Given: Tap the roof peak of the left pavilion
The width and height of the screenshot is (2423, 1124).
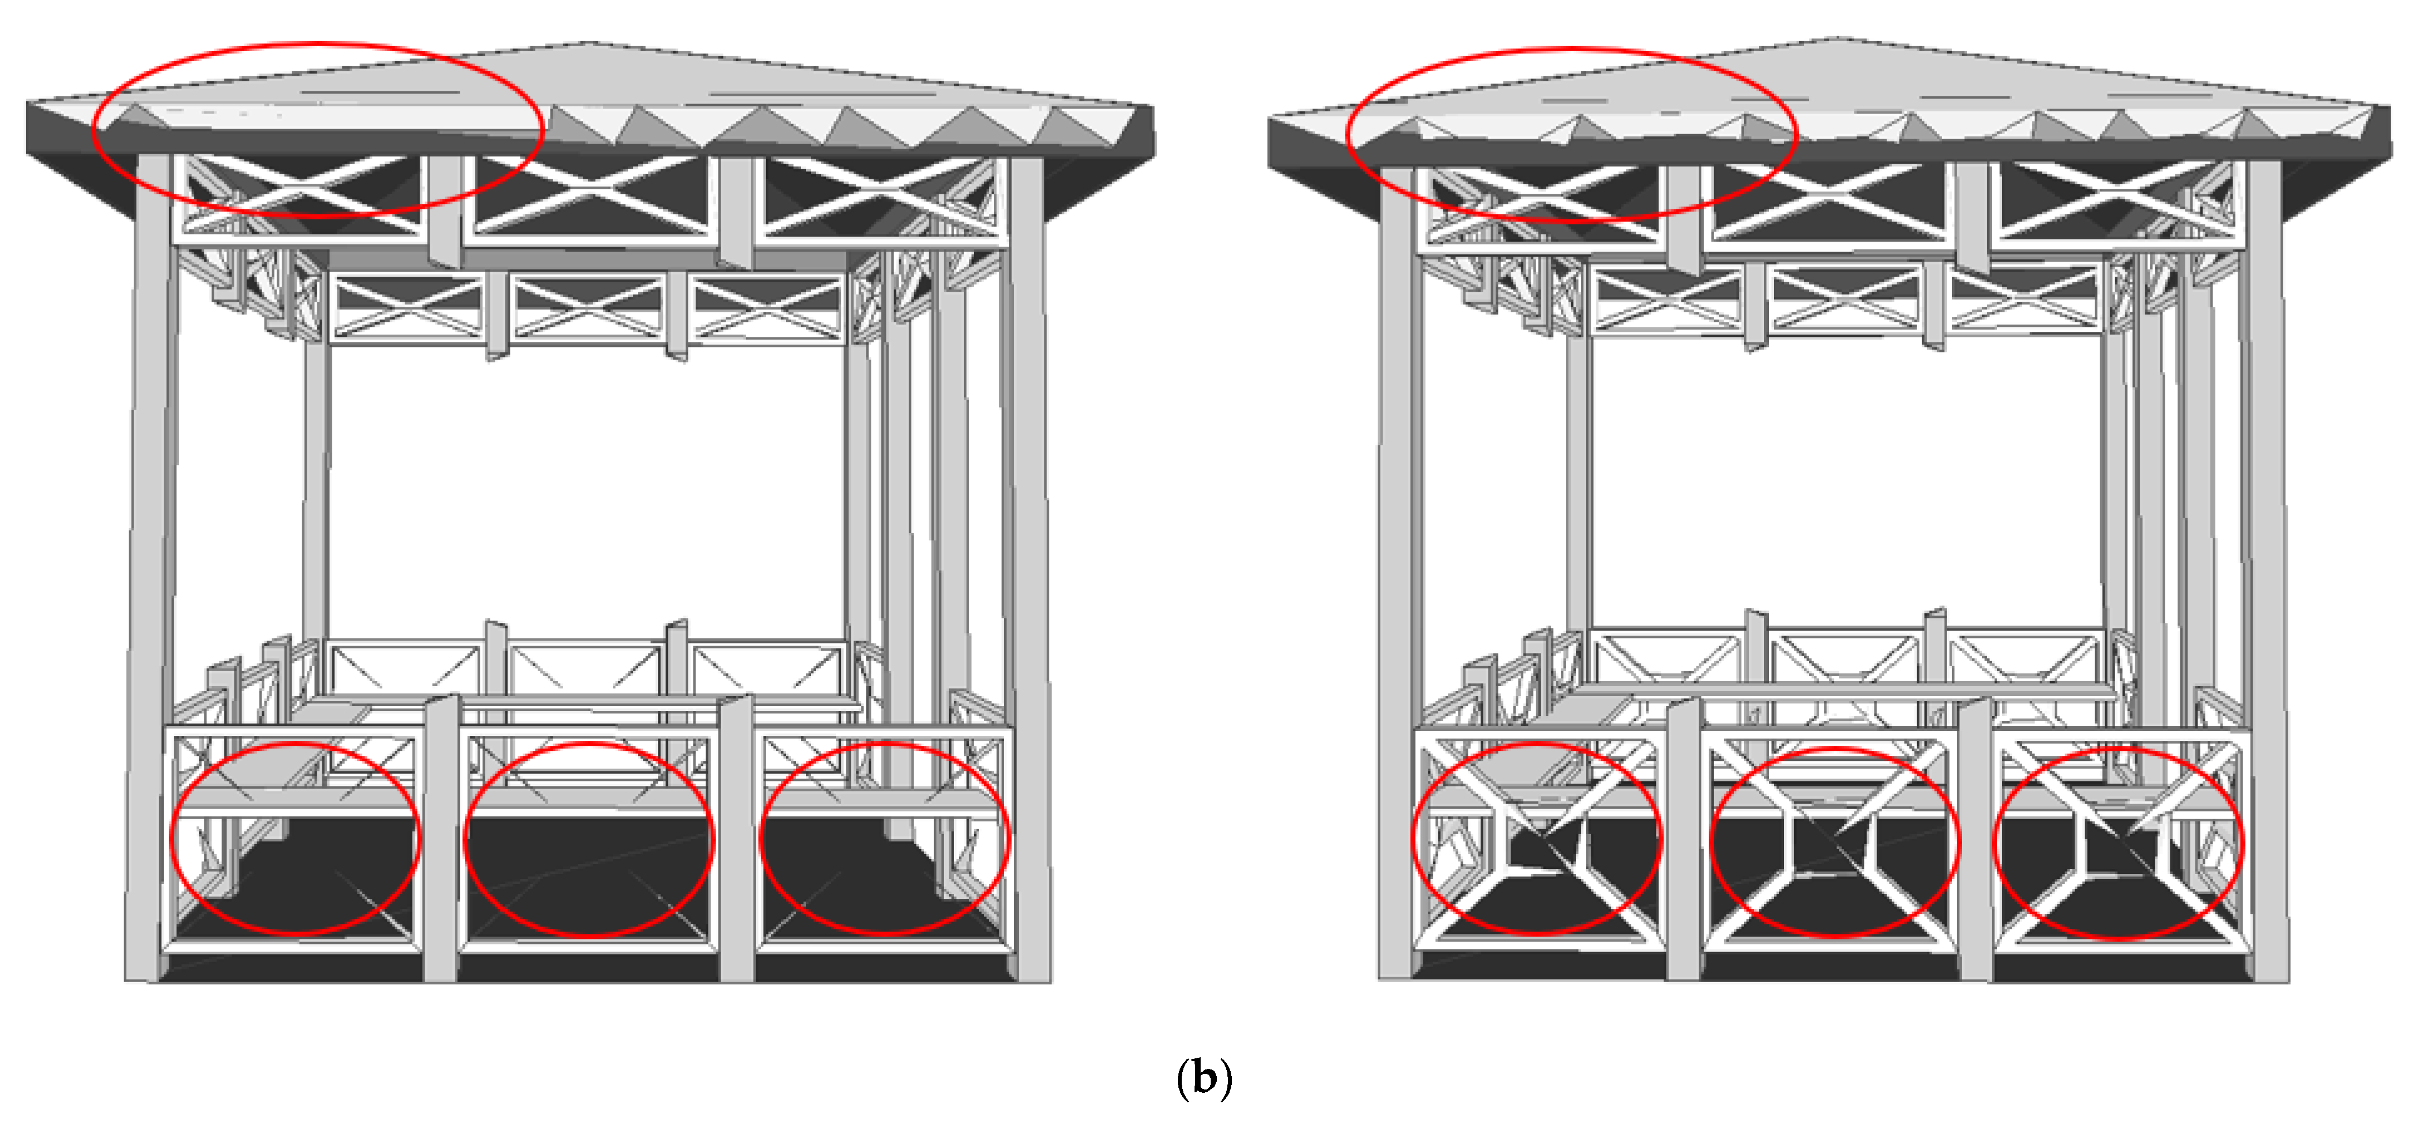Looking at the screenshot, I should click(x=591, y=44).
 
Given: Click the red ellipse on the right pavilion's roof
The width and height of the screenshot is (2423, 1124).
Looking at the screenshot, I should click(x=1571, y=50).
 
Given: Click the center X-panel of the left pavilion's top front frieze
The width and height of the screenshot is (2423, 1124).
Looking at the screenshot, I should click(x=591, y=195).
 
